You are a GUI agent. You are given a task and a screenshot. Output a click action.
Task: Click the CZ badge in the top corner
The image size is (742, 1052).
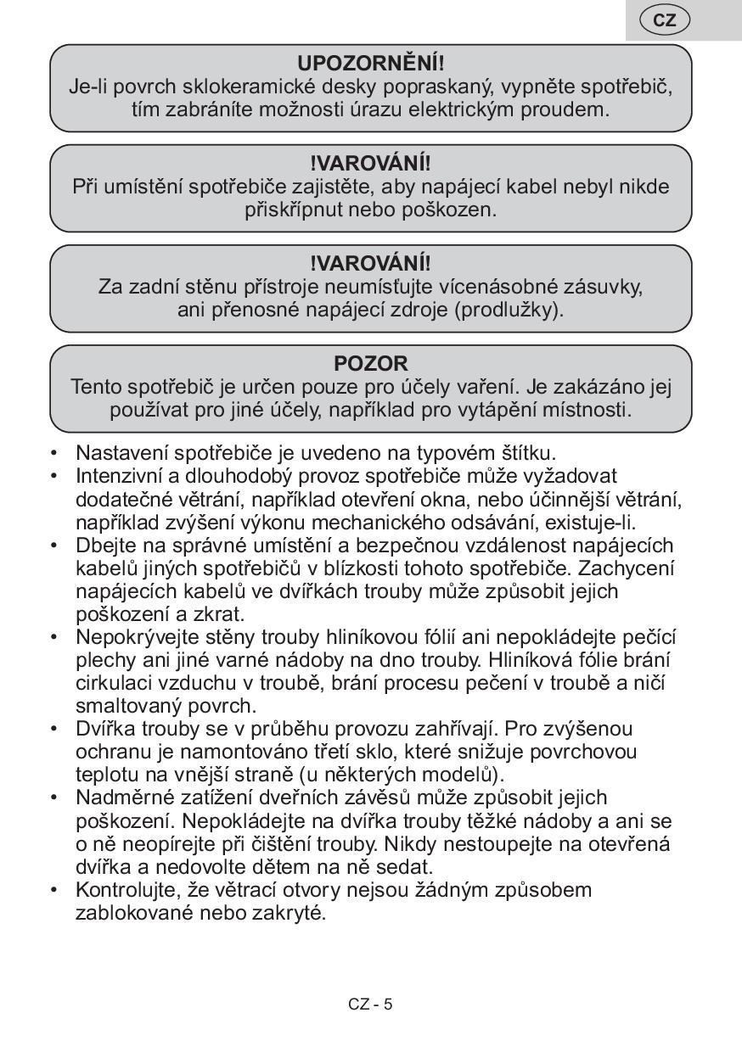click(x=665, y=20)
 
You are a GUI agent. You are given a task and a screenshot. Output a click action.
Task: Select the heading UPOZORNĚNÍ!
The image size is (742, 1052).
click(x=371, y=64)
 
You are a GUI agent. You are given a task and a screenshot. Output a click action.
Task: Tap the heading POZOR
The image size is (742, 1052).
click(x=371, y=364)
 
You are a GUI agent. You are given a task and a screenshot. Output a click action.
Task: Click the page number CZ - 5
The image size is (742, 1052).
click(x=370, y=1004)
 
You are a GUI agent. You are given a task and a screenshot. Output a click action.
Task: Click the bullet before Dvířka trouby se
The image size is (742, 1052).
click(x=55, y=729)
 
